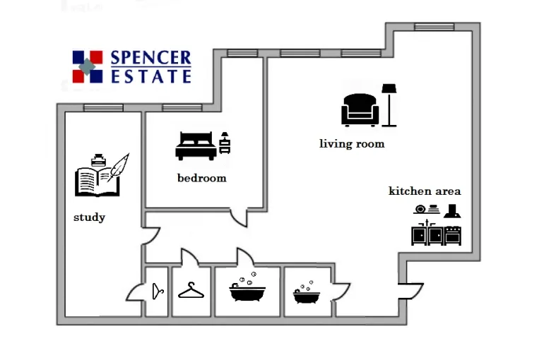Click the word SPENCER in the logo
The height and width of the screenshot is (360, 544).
[x=150, y=58]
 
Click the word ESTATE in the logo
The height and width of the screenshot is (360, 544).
[x=150, y=76]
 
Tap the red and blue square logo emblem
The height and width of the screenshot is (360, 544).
[x=88, y=67]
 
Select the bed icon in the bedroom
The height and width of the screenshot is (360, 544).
[x=196, y=145]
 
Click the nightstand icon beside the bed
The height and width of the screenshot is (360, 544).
[x=225, y=143]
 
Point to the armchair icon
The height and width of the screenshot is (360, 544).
[x=360, y=110]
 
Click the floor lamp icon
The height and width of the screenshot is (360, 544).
[x=389, y=105]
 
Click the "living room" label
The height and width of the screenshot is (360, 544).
[x=352, y=144]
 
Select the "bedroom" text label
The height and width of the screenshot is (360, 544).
[x=202, y=178]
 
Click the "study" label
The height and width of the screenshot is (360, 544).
[x=90, y=217]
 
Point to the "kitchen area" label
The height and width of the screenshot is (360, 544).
[x=425, y=191]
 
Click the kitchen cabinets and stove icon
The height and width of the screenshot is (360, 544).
[x=437, y=234]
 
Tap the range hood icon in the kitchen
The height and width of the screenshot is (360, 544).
[x=452, y=210]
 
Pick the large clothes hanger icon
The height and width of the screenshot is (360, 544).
[x=191, y=290]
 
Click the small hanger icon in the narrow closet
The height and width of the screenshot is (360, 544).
[x=158, y=290]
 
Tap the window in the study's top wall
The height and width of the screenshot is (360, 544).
[x=103, y=107]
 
